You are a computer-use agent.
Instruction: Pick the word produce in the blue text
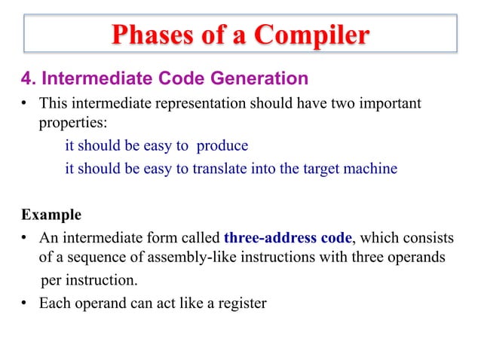pyautogui.click(x=222, y=145)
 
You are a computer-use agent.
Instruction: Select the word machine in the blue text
pyautogui.click(x=370, y=169)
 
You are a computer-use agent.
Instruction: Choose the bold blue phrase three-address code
pyautogui.click(x=288, y=238)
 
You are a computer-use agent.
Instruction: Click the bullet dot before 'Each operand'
pyautogui.click(x=25, y=305)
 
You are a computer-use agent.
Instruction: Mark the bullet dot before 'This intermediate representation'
pyautogui.click(x=25, y=102)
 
